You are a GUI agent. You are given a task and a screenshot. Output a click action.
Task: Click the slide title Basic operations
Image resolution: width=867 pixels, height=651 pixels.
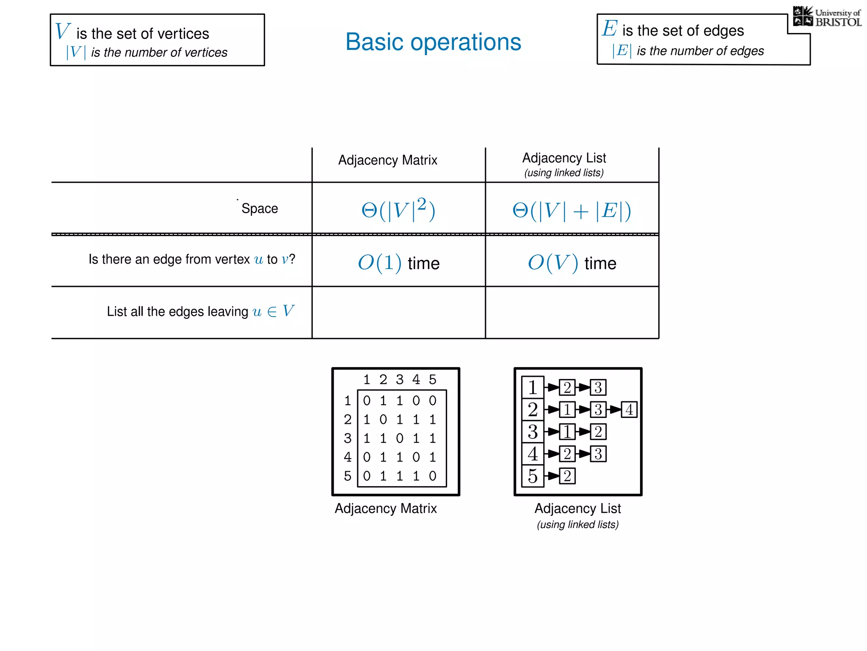coord(433,42)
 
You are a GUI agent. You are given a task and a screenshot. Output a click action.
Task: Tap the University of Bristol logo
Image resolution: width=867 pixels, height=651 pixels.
coord(827,17)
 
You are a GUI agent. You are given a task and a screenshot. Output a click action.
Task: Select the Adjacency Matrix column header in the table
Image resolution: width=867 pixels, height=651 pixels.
coord(387,160)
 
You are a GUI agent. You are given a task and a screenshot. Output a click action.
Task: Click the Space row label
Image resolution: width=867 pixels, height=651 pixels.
coord(260,209)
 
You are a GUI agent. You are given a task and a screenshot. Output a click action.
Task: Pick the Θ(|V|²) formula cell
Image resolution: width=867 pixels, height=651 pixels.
coord(398,209)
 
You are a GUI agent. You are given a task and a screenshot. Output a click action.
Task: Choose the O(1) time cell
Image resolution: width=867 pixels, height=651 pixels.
coord(398,263)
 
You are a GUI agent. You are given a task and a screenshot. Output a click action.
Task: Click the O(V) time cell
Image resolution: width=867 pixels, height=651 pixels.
coord(572,263)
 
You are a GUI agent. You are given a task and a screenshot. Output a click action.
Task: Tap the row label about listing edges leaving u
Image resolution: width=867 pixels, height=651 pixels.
coord(200,312)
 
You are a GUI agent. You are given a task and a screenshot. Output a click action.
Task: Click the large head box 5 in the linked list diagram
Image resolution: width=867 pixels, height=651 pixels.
coord(533,476)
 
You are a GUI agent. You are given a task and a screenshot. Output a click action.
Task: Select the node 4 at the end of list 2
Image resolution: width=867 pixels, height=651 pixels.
coord(629,409)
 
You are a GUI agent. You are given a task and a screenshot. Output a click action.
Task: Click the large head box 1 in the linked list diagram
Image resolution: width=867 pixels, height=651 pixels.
coord(533,387)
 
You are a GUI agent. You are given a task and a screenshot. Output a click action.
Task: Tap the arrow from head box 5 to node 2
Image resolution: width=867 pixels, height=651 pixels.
coord(552,476)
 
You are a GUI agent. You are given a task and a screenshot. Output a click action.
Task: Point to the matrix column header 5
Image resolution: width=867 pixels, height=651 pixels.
coord(432,379)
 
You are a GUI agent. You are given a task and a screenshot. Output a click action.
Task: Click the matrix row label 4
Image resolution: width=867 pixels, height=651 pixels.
coord(348,457)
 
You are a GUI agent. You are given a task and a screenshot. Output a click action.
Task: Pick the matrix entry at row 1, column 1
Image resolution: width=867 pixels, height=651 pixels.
coord(367,401)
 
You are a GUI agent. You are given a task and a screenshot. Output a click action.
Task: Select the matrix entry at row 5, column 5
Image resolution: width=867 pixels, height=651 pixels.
coord(432,476)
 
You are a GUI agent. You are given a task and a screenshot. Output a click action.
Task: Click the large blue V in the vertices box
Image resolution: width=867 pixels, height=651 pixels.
coord(62,31)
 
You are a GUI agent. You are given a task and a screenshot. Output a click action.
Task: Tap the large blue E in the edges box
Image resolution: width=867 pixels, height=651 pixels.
coord(610,29)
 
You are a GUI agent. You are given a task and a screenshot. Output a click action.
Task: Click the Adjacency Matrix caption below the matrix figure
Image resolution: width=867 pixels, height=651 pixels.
coord(386,509)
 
